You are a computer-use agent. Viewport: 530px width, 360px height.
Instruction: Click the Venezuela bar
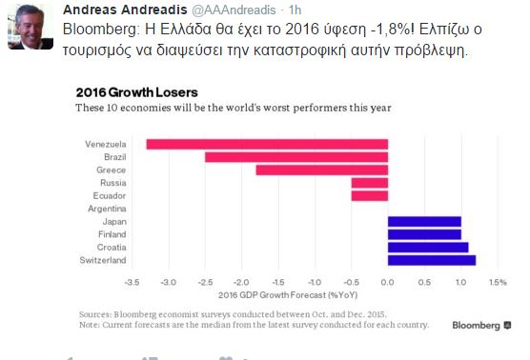tap(267, 144)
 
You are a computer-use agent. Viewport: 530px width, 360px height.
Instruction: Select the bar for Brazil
tap(296, 157)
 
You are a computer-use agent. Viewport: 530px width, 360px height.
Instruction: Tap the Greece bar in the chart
tap(322, 170)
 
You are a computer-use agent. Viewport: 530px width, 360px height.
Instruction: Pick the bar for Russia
tap(370, 183)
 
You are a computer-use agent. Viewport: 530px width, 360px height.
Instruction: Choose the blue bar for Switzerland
tap(432, 260)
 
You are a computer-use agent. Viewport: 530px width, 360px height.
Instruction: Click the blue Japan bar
tap(424, 222)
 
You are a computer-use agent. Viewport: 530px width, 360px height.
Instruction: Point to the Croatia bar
tap(428, 248)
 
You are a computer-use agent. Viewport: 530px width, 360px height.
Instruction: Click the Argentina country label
tap(107, 209)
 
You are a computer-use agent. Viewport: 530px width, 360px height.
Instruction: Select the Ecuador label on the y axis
tap(110, 196)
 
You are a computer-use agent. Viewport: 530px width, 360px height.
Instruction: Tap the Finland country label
tap(112, 234)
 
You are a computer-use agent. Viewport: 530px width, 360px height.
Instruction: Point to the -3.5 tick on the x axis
tap(132, 282)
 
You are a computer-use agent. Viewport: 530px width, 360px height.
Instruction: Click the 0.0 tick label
tap(387, 282)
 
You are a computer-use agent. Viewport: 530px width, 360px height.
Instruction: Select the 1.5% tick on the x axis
tap(499, 282)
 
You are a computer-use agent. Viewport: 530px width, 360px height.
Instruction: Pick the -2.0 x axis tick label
tap(241, 282)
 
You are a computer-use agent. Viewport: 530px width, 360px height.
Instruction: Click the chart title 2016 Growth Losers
tap(137, 92)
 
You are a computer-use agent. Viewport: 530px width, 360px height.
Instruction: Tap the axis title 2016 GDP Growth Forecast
tap(288, 295)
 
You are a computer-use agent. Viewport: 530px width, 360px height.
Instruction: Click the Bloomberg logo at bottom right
tap(481, 326)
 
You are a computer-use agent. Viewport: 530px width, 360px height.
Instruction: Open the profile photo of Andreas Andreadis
tap(31, 27)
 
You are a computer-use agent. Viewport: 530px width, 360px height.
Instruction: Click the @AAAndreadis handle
tap(234, 10)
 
